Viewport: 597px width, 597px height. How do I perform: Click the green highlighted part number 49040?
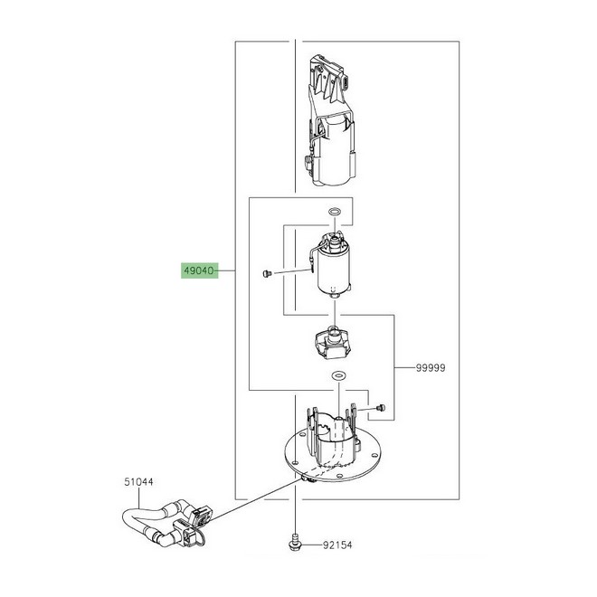coord(199,270)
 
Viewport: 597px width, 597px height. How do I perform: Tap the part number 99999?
coord(431,368)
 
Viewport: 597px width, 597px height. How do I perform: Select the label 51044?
coord(138,482)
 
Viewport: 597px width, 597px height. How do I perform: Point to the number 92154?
coord(337,545)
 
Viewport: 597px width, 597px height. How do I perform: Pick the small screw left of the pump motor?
coord(267,273)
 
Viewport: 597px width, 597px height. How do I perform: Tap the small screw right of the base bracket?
coord(380,408)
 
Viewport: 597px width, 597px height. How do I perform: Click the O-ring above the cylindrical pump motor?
coord(335,212)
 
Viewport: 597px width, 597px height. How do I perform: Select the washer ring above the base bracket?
coord(338,376)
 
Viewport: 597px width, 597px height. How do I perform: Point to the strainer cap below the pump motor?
coord(333,342)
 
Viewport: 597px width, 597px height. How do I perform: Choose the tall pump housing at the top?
coord(330,121)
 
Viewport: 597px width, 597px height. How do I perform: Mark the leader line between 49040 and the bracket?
coord(226,270)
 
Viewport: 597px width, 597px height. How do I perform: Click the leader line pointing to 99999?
coord(404,368)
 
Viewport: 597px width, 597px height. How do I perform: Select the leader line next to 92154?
coord(310,545)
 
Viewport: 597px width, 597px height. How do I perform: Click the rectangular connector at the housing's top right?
coord(346,81)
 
